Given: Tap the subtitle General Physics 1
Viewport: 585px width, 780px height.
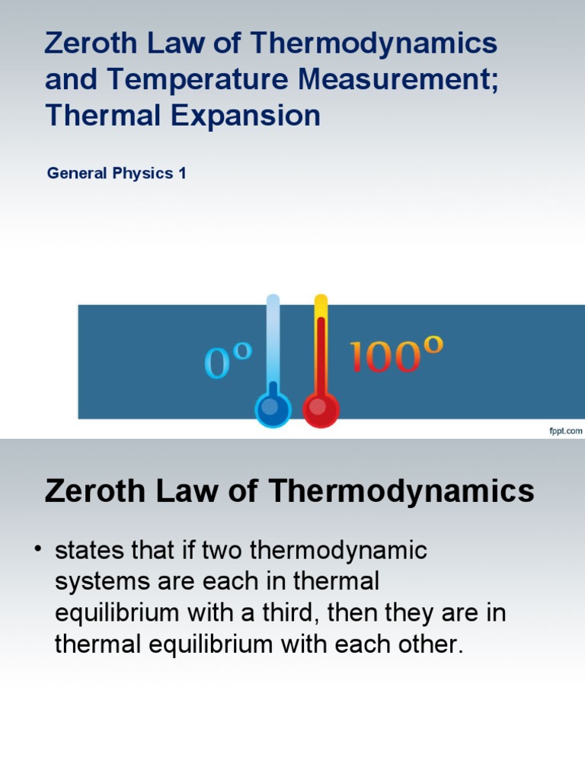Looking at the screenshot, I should point(117,173).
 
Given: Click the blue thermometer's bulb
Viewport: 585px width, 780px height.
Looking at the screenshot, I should point(272,410).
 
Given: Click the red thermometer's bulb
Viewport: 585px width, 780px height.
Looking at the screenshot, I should point(321,410).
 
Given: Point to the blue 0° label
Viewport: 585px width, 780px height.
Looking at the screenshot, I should point(228,360).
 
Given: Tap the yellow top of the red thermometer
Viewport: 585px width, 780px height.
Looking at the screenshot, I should point(321,305).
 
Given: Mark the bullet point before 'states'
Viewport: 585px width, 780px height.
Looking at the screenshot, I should point(37,549).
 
